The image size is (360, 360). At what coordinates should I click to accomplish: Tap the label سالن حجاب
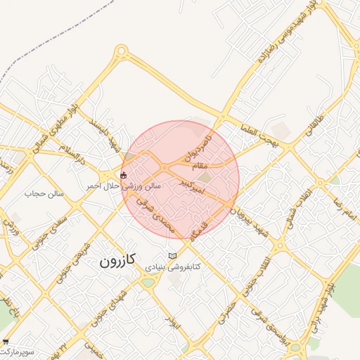(x=44, y=193)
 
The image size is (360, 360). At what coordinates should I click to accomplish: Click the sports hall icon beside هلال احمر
(x=124, y=175)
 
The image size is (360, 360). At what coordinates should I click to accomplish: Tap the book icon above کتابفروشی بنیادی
(x=173, y=256)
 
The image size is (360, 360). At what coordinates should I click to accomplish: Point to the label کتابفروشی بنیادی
(x=173, y=267)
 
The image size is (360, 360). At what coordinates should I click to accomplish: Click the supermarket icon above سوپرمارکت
(x=6, y=340)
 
